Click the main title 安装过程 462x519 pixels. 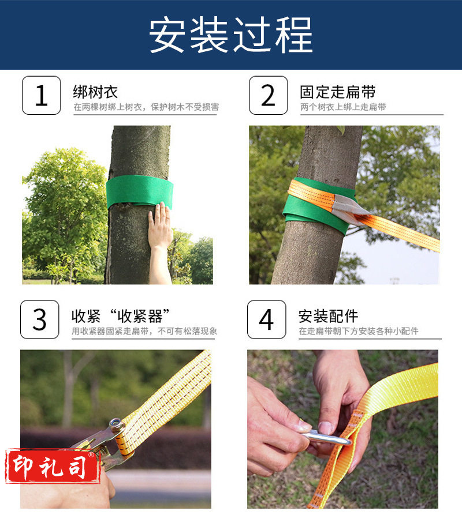tap(230, 35)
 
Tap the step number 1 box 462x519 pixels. tap(42, 95)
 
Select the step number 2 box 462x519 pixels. tap(269, 95)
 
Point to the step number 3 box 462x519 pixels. tap(40, 319)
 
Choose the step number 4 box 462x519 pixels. tap(266, 319)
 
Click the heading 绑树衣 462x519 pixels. tap(95, 92)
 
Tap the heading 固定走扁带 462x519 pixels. tap(337, 92)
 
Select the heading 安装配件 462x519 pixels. tap(328, 316)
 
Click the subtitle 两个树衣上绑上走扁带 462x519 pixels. tap(343, 107)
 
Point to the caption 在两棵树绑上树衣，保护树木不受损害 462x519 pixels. tap(146, 107)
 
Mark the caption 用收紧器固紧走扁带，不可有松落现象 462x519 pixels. tap(144, 331)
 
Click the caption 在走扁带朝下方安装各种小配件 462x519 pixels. tap(359, 331)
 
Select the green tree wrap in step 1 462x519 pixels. tap(140, 191)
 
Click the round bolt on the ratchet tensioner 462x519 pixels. tap(116, 423)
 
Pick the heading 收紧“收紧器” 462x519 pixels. tap(120, 316)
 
